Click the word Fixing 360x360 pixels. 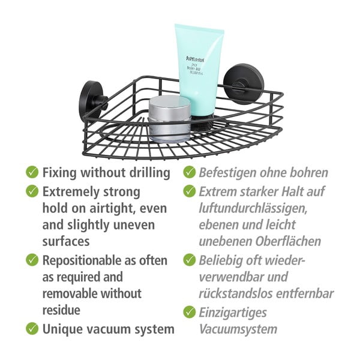pyautogui.click(x=59, y=173)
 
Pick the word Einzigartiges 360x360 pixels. pyautogui.click(x=233, y=312)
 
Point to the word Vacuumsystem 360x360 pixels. pyautogui.click(x=238, y=329)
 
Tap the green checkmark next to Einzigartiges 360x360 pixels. pyautogui.click(x=190, y=312)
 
